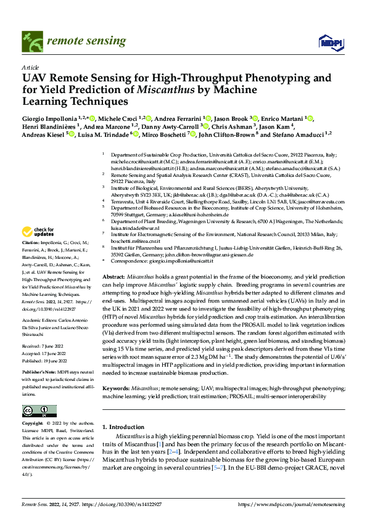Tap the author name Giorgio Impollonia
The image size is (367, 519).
pyautogui.click(x=51, y=118)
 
